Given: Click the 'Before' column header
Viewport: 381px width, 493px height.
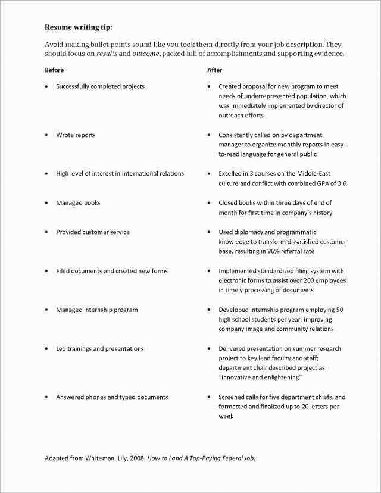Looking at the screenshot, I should coord(54,70).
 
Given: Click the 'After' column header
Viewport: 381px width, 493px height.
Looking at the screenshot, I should coord(214,70).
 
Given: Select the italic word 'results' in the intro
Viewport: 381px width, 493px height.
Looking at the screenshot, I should coord(108,54).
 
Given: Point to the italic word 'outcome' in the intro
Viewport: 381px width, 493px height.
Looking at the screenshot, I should coord(146,54).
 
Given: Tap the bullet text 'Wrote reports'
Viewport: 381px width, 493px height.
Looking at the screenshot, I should coord(76,135).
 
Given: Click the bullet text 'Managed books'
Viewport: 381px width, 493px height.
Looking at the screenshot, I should coord(78,203).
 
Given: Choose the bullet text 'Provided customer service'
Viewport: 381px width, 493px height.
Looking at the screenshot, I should coord(92,232).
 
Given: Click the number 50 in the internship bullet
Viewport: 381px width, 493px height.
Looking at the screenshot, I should coord(340,310).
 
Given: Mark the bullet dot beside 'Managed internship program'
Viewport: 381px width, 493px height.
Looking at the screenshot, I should coord(46,310).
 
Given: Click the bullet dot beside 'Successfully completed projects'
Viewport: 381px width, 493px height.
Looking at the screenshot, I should coord(46,87).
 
